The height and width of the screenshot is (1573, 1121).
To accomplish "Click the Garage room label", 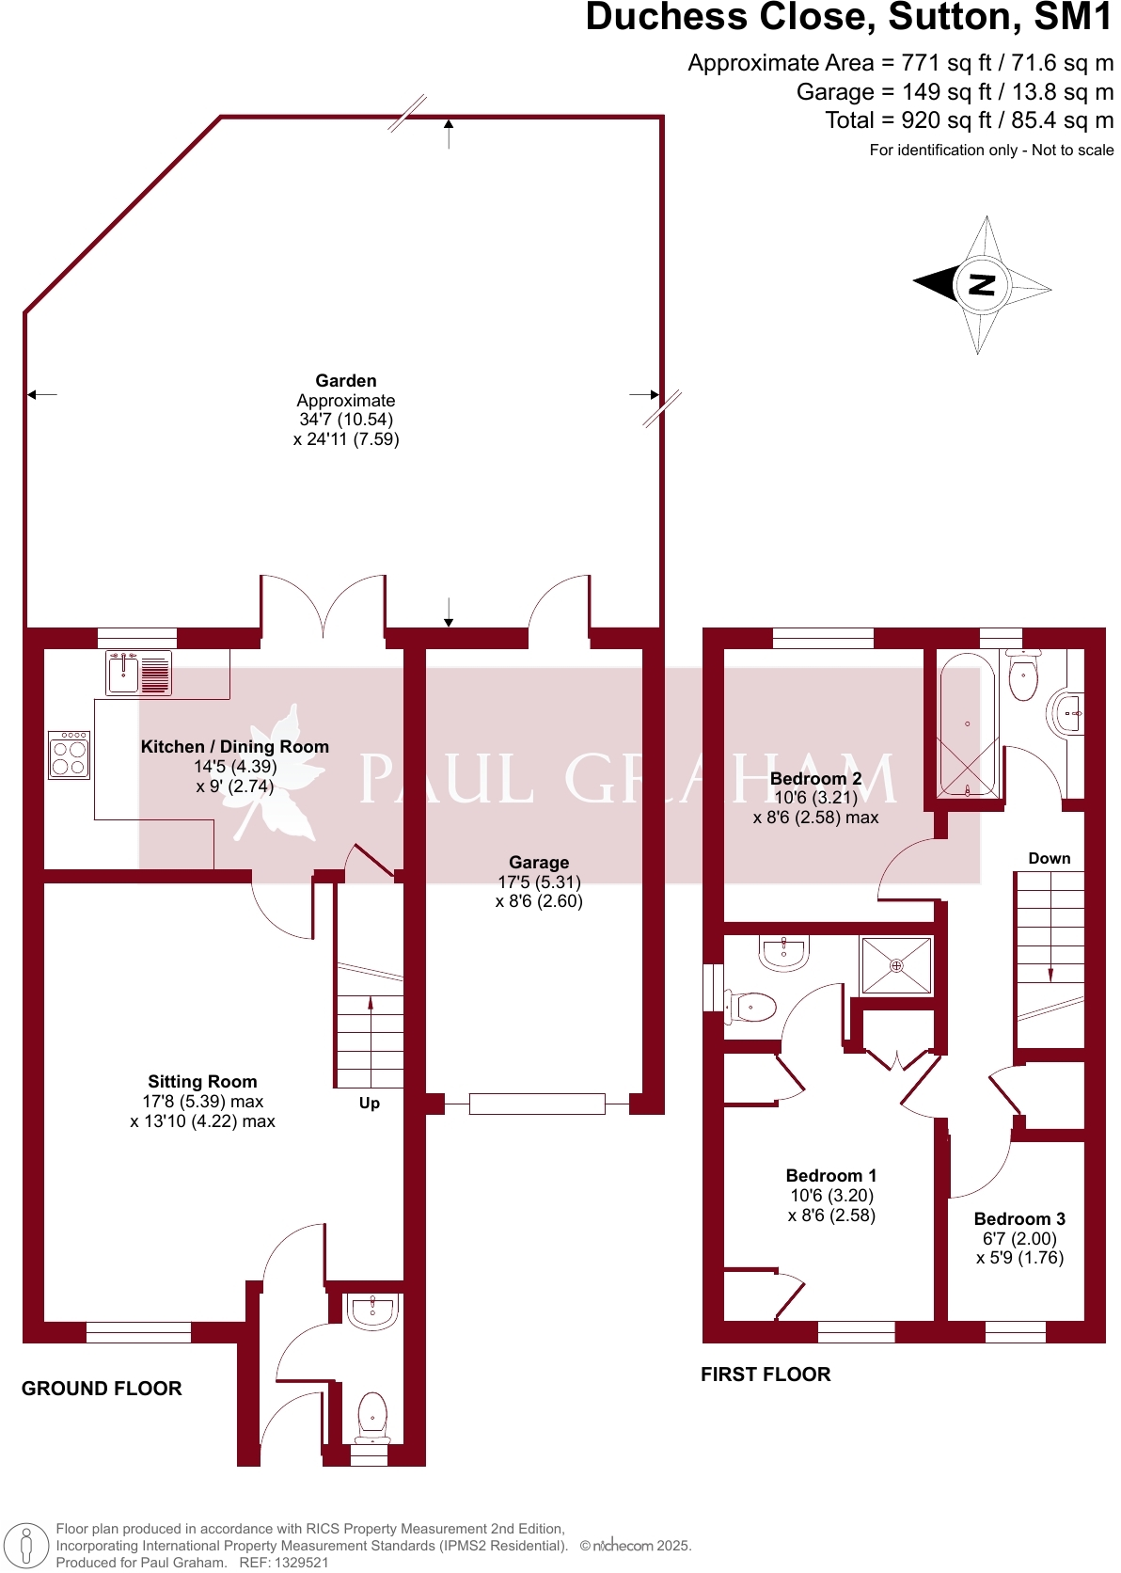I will (x=539, y=863).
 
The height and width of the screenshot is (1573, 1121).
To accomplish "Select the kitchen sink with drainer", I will (x=139, y=674).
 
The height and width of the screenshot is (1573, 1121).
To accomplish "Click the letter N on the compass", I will (x=982, y=284).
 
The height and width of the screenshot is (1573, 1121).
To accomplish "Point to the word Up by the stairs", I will (x=370, y=1104).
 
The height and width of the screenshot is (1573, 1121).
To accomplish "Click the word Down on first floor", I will (x=1049, y=859).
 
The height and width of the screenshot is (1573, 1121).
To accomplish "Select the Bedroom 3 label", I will (x=1019, y=1219).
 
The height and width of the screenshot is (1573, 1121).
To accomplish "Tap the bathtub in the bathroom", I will (x=967, y=725).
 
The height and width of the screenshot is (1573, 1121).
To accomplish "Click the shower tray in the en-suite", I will (x=896, y=965).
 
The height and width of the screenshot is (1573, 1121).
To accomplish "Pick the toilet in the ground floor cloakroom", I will (x=372, y=1415).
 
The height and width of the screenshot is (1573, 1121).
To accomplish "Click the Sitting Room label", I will (x=202, y=1082).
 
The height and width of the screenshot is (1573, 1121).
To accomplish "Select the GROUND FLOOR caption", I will (x=102, y=1389).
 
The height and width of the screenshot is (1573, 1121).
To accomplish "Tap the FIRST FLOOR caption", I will (x=766, y=1374).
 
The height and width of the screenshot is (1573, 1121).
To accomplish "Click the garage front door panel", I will (x=537, y=1104).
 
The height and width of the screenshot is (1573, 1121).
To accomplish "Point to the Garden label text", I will (x=346, y=381).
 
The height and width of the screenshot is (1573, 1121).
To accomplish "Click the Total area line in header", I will (x=969, y=120).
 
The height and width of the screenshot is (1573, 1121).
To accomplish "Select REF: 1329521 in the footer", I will (x=284, y=1563).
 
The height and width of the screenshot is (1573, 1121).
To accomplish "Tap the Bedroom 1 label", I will (x=831, y=1176).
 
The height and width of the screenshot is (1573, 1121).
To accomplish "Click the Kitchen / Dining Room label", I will (x=235, y=747).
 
